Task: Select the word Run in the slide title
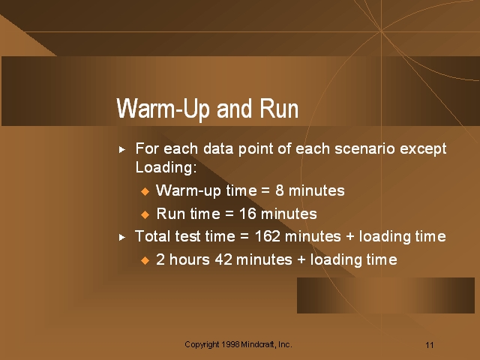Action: point(279,109)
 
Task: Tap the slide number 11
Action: point(430,345)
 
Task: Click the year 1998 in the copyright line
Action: point(230,344)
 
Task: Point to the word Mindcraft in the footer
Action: point(258,344)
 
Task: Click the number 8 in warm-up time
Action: point(280,190)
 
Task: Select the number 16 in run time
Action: point(247,213)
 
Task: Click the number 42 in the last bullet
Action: point(223,259)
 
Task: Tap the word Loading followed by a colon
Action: point(166,167)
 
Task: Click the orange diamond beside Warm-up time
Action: point(145,192)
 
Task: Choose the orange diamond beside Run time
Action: point(145,214)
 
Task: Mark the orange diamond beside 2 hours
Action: point(145,260)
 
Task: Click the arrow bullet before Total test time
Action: point(122,237)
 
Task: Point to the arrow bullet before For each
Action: point(122,150)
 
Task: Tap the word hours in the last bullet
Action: point(190,259)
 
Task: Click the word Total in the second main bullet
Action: point(152,236)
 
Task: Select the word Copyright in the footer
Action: point(202,345)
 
